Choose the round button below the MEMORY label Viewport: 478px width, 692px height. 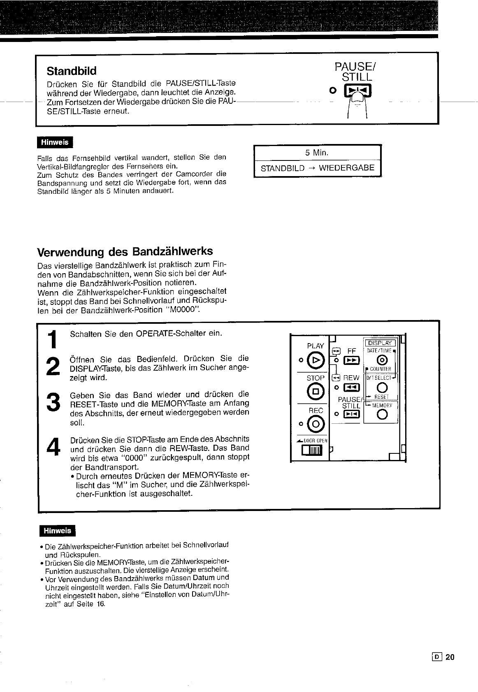(382, 415)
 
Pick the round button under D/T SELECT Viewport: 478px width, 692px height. (382, 388)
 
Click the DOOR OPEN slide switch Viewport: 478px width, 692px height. (312, 452)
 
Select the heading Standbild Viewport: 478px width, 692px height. (72, 71)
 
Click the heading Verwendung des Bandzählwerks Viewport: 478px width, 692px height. (125, 251)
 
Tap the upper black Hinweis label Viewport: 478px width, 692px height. (55, 142)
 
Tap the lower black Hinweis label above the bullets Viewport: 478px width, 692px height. (58, 531)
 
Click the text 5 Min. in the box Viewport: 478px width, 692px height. (317, 153)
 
